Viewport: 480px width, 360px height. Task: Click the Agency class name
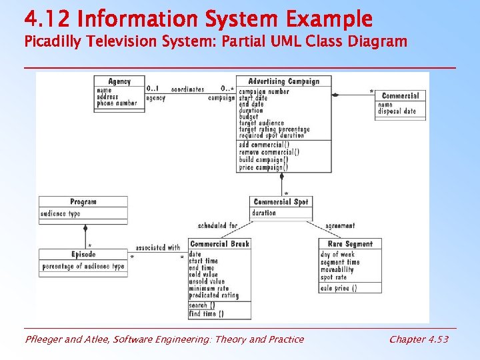119,81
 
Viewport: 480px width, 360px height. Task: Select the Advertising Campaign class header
284,81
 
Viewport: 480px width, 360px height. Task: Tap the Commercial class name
400,96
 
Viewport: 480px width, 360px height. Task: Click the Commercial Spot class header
281,202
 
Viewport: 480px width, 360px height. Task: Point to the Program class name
83,202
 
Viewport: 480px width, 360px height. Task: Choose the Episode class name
83,255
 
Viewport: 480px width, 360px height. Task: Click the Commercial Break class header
220,244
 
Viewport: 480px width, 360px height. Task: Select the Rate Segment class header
351,244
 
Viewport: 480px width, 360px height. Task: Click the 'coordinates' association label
187,89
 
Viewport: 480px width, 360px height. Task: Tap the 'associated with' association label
157,247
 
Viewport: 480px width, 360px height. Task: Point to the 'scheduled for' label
217,226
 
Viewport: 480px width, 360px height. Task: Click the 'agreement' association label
340,226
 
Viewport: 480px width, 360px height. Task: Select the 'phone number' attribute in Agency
117,103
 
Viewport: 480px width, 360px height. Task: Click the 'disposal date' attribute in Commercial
397,111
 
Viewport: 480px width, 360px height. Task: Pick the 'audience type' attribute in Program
61,214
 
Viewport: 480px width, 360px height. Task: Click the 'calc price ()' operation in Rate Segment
339,288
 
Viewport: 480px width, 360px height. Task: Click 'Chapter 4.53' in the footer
419,339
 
